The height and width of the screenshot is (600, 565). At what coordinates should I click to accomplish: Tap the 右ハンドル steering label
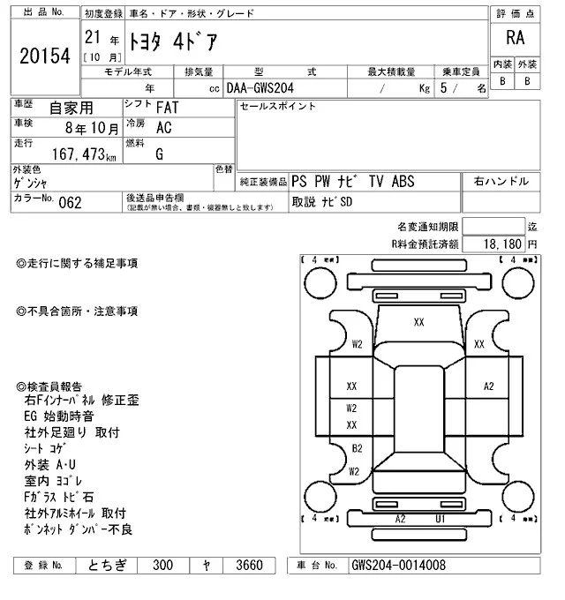tap(501, 182)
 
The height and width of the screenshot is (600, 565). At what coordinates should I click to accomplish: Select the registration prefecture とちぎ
tap(107, 565)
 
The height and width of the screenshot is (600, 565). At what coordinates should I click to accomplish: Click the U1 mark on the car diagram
tap(440, 518)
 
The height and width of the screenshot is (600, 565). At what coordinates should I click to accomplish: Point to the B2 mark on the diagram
tap(357, 448)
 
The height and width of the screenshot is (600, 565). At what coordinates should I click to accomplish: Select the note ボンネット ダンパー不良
tap(79, 529)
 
